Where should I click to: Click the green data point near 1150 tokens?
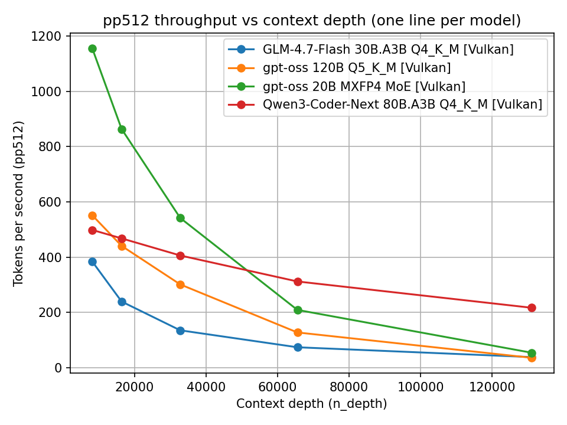[x=92, y=48]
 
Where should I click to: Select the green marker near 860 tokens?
[x=122, y=129]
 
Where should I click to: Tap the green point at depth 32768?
[x=180, y=218]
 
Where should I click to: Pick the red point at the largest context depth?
[x=532, y=308]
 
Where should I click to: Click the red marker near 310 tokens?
[x=298, y=282]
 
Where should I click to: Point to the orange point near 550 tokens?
[x=92, y=215]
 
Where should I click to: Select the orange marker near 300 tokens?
[x=180, y=285]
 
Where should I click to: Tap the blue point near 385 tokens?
[x=92, y=261]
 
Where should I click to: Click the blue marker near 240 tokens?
[x=122, y=302]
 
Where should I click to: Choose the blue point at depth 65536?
[x=298, y=347]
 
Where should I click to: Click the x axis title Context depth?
[x=311, y=404]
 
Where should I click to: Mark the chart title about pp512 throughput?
[x=312, y=21]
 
